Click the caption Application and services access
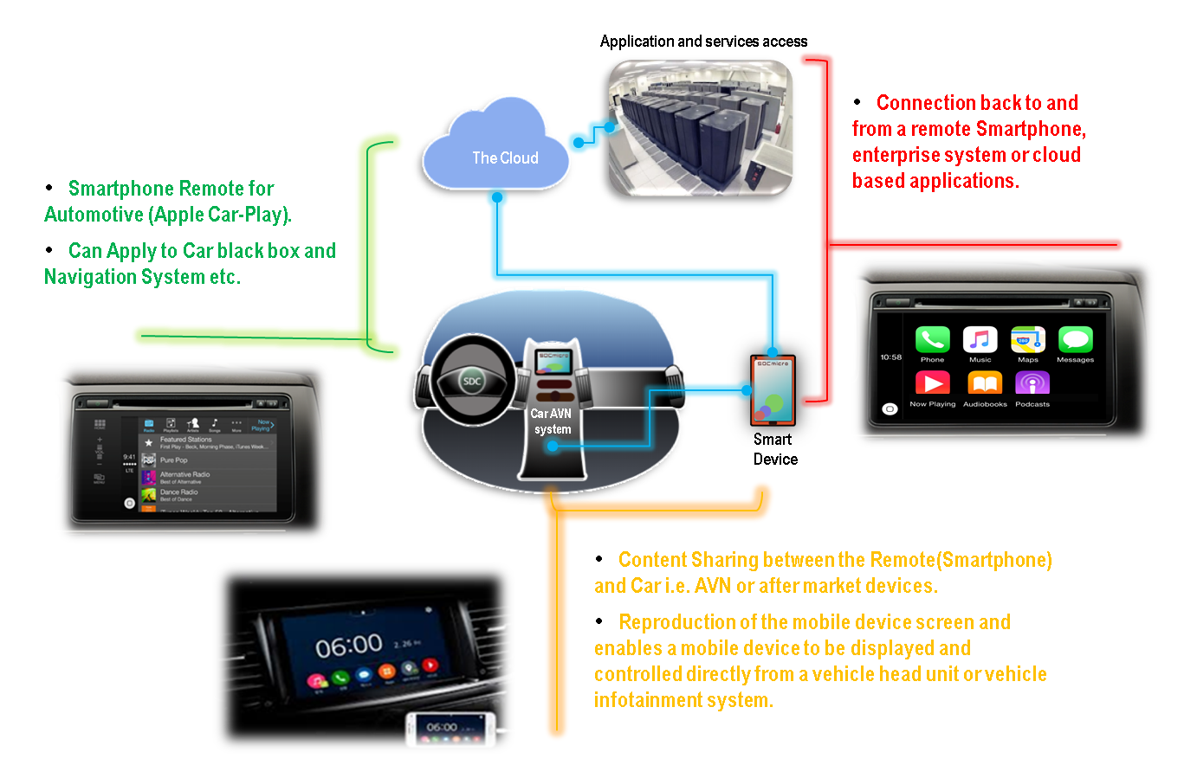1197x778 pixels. click(703, 42)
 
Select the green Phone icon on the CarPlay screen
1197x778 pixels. click(932, 340)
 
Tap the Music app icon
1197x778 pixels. click(980, 340)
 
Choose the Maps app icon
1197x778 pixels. click(1028, 340)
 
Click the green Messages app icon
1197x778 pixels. click(1075, 340)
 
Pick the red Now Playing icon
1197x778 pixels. click(932, 383)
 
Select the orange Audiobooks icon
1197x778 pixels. click(985, 383)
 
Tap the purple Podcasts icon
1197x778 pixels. click(1032, 383)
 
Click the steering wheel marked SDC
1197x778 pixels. click(472, 380)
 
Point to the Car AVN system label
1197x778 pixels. click(552, 421)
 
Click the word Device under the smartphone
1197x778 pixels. click(775, 460)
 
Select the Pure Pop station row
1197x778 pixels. click(174, 460)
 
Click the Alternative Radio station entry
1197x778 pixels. click(184, 475)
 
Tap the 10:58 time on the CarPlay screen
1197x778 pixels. click(891, 357)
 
